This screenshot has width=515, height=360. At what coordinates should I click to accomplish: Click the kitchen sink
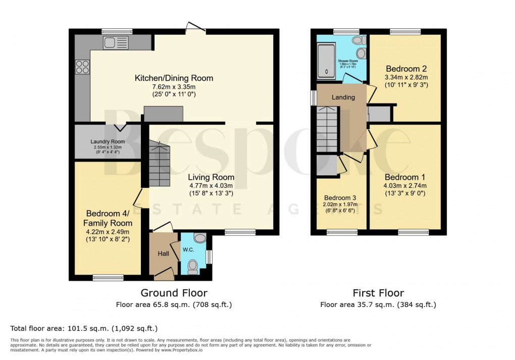[x=116, y=43]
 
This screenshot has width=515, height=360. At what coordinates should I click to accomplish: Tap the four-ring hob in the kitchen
[x=82, y=67]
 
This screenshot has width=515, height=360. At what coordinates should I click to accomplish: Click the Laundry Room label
[x=108, y=141]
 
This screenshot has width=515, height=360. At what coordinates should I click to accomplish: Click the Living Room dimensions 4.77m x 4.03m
[x=211, y=185]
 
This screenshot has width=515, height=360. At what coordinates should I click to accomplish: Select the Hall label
[x=163, y=253]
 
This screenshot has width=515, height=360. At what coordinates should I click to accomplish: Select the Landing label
[x=343, y=97]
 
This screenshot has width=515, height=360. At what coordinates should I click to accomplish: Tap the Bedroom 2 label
[x=406, y=69]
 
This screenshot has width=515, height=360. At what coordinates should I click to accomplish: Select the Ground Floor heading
[x=174, y=293]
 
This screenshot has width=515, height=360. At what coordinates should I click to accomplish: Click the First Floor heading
[x=378, y=293]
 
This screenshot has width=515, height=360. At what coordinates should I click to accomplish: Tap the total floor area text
[x=84, y=328]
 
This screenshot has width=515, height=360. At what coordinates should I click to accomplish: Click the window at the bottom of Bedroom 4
[x=108, y=277]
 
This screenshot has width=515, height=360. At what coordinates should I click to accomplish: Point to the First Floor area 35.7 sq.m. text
[x=378, y=304]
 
